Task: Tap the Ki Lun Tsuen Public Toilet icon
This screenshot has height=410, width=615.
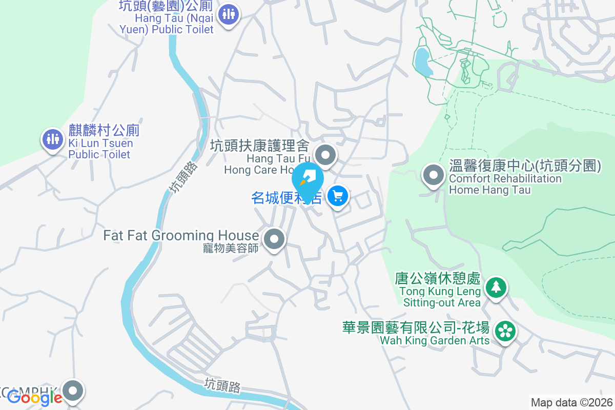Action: coord(53,138)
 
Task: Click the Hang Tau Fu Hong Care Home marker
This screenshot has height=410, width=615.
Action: coord(325,154)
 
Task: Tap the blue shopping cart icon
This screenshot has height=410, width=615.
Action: coord(338,196)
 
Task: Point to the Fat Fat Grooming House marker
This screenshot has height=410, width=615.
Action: coord(274,239)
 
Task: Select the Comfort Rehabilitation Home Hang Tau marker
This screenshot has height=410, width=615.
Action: coord(434,175)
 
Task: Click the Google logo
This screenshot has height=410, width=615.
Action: coord(35,397)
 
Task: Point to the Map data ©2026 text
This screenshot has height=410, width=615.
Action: coord(571,403)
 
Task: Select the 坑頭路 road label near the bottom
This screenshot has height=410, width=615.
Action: coord(222,385)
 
